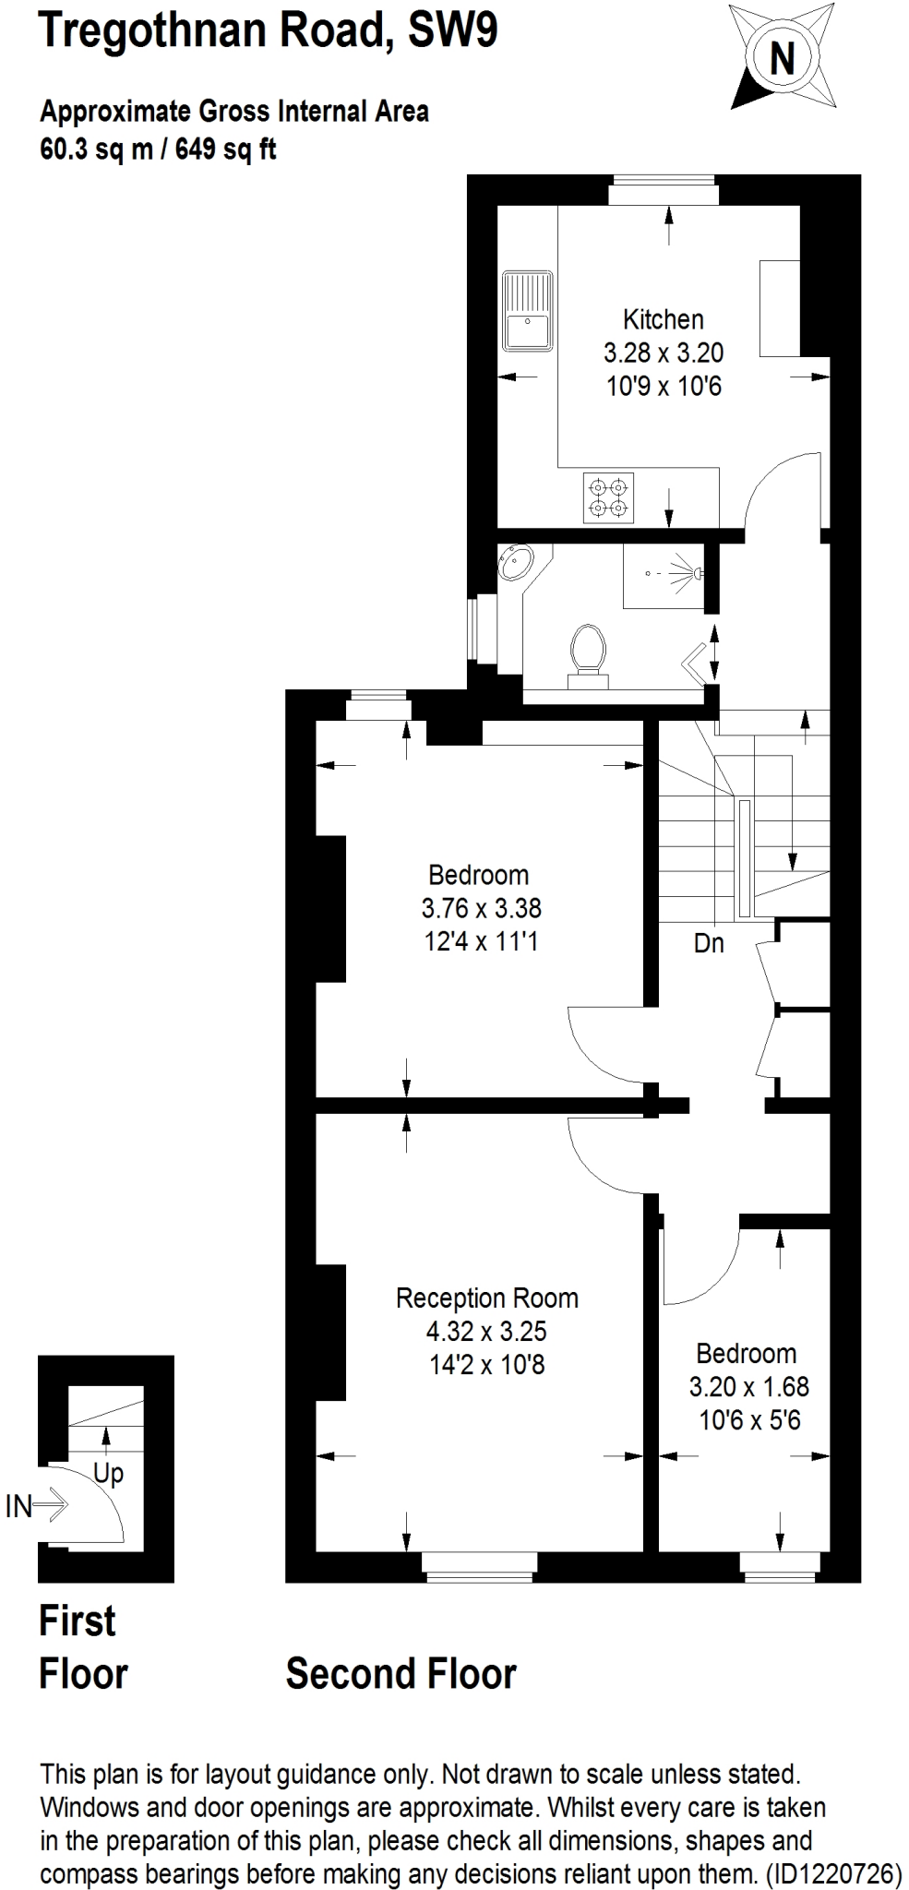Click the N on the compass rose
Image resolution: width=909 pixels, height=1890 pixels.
point(782,59)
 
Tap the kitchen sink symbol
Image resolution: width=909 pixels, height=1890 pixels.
point(527,311)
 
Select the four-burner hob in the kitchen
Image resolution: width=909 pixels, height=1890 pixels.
point(608,497)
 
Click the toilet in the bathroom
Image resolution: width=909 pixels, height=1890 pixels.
point(589,648)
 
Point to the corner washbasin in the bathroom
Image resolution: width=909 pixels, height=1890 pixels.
point(514,561)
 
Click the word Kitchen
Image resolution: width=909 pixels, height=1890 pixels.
point(663,319)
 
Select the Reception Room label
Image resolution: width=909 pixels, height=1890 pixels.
point(486,1298)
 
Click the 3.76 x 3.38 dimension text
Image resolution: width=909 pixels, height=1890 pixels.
point(481,908)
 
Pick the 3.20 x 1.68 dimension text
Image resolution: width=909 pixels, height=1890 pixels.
point(748,1386)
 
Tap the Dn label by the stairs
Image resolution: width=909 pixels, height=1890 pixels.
point(709,943)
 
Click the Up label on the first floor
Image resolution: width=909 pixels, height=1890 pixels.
point(108,1474)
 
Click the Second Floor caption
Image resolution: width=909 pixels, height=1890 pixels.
point(401,1674)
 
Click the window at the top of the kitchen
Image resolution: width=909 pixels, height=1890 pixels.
point(663,192)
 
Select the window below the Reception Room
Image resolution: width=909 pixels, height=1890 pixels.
point(479,1563)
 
